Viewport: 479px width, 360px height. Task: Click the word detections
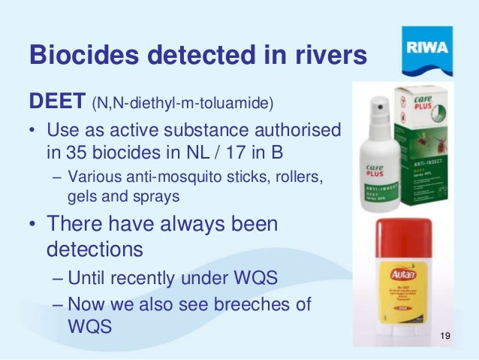click(92, 248)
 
